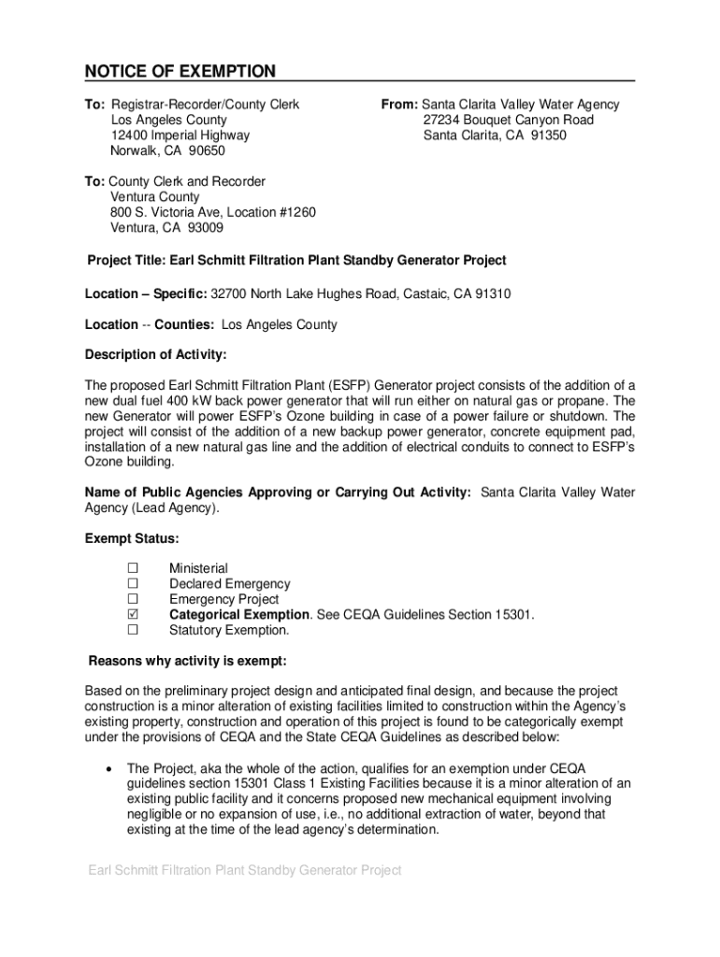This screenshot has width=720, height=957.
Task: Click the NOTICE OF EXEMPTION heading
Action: [180, 72]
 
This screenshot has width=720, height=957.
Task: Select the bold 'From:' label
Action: [398, 105]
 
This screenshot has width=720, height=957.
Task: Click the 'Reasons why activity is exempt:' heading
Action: [187, 663]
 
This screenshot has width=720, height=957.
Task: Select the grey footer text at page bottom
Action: [245, 870]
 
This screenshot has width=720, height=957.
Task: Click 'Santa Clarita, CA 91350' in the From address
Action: [495, 136]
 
